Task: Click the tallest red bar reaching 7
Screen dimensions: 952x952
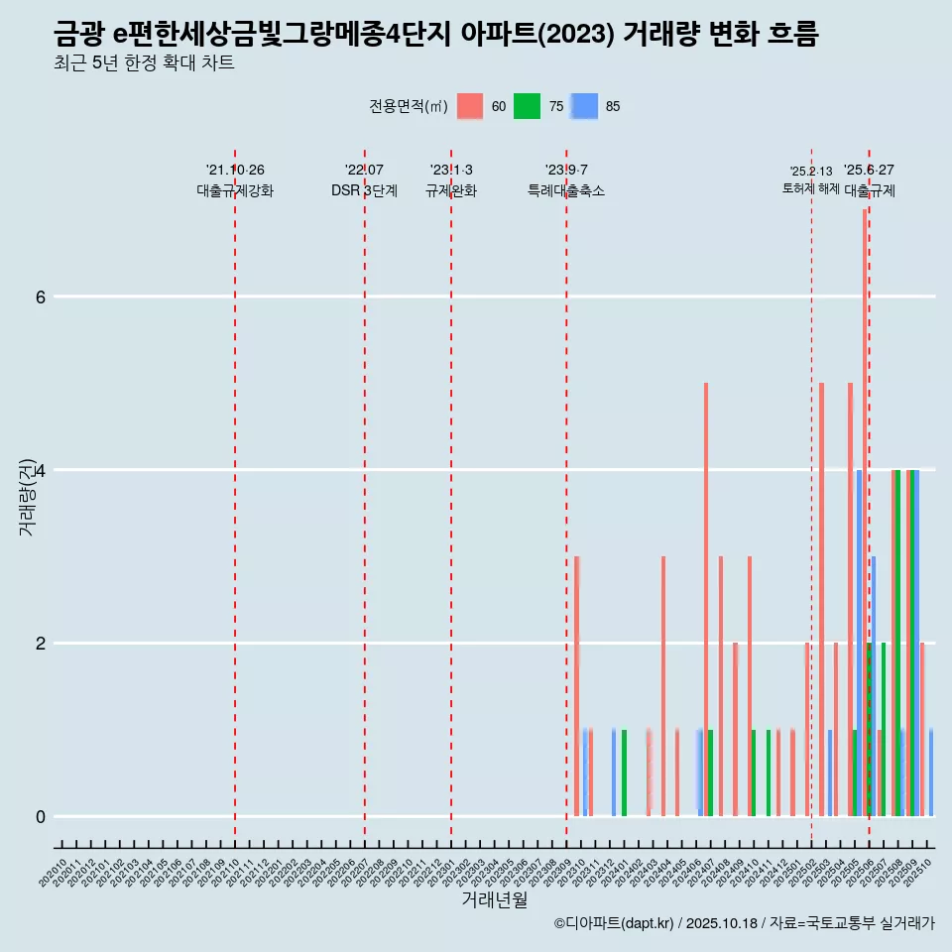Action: pyautogui.click(x=865, y=496)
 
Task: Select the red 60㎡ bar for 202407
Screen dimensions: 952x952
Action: pyautogui.click(x=705, y=595)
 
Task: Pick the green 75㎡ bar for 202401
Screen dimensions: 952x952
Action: pyautogui.click(x=624, y=773)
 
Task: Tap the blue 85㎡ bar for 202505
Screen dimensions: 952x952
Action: pyautogui.click(x=859, y=645)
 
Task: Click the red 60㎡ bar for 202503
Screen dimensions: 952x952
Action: pyautogui.click(x=821, y=595)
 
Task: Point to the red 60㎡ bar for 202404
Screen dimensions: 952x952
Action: pyautogui.click(x=662, y=684)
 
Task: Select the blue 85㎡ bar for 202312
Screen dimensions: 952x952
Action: pyautogui.click(x=614, y=773)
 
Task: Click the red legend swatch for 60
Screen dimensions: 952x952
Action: pyautogui.click(x=470, y=106)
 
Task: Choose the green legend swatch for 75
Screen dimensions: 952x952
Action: pyautogui.click(x=527, y=106)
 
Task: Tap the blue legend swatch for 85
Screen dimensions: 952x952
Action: pyautogui.click(x=585, y=106)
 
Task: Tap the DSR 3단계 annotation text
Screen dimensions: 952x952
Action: pyautogui.click(x=364, y=190)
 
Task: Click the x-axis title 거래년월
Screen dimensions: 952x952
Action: pyautogui.click(x=494, y=899)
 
